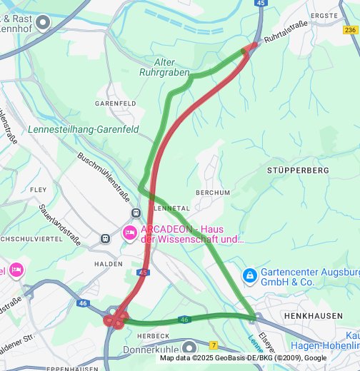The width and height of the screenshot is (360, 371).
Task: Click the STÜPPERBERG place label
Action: [x=298, y=171]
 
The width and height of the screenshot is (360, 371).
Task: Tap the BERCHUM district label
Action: [x=213, y=193]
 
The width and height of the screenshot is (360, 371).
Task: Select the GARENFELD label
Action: [x=115, y=103]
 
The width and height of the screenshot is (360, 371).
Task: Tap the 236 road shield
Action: [x=350, y=31]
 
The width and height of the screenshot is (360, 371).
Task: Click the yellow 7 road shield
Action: [x=214, y=345]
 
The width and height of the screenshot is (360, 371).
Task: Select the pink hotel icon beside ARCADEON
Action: [x=129, y=233]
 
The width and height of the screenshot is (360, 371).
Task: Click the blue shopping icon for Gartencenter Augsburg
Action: [x=249, y=275]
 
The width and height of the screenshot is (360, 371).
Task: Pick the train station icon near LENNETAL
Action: [x=136, y=213]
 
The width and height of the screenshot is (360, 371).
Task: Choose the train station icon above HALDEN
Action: [x=106, y=238]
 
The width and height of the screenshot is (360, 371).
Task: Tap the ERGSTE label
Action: [x=324, y=15]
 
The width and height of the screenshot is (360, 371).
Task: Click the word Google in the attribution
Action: [x=316, y=358]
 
